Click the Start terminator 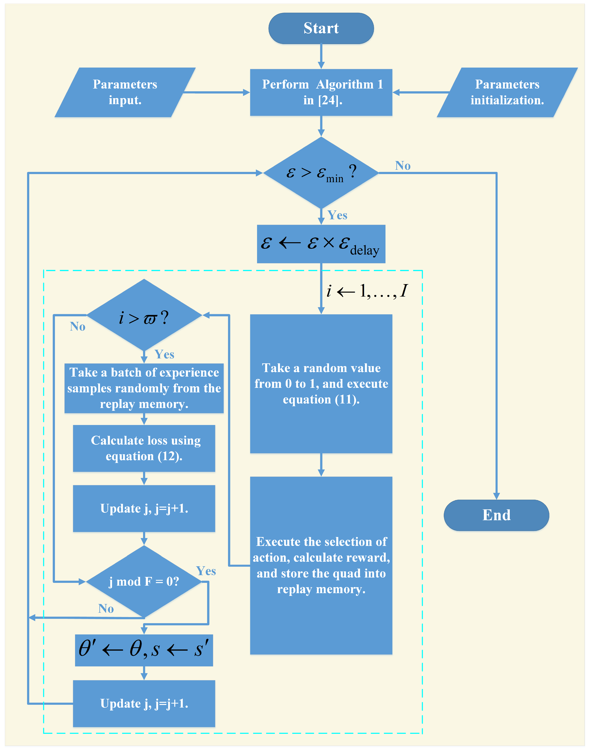(321, 28)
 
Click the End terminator (496, 515)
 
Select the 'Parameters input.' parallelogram (125, 92)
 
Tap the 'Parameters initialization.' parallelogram (507, 92)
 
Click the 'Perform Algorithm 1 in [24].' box (321, 92)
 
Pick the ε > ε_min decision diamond (321, 173)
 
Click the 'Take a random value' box (321, 384)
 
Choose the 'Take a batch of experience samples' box (144, 388)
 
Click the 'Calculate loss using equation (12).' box (144, 448)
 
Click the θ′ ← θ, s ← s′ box (144, 650)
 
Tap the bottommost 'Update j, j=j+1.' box (144, 703)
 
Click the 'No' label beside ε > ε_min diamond (402, 166)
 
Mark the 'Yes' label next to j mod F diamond (206, 571)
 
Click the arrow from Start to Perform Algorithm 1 (321, 56)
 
